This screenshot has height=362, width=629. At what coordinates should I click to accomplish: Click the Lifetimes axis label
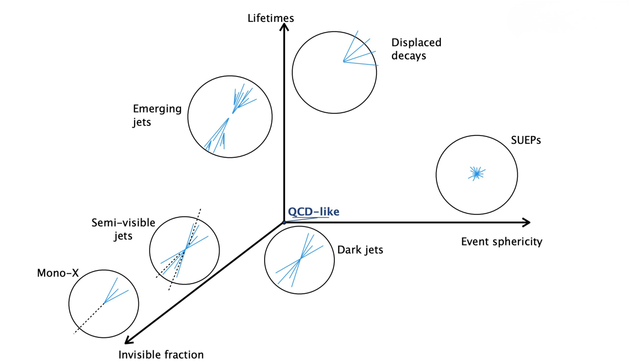point(270,18)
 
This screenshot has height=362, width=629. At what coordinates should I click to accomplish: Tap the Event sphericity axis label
point(501,241)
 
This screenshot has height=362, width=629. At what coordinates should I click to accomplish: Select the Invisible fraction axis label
point(161,354)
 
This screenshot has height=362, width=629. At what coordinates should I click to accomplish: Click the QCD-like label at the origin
point(314,211)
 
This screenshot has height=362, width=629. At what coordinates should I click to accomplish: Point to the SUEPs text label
point(525,140)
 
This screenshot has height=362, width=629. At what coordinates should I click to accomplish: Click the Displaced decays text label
point(416,49)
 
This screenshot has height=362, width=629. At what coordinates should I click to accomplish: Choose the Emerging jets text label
point(157,115)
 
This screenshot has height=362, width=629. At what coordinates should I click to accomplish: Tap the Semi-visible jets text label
point(123,229)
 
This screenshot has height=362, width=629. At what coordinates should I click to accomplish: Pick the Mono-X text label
point(58,273)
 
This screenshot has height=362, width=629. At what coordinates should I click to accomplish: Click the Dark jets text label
point(360,250)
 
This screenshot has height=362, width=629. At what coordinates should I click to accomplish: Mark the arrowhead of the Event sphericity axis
point(526,222)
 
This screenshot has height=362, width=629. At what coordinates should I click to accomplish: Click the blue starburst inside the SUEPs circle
point(477,173)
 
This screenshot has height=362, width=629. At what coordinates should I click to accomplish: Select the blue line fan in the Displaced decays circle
point(358,51)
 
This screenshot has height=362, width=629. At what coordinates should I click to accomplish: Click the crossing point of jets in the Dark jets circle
point(300,258)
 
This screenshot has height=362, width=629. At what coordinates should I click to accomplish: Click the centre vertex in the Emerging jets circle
point(232,113)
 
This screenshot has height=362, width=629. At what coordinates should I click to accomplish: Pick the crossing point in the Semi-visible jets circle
point(185,250)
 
